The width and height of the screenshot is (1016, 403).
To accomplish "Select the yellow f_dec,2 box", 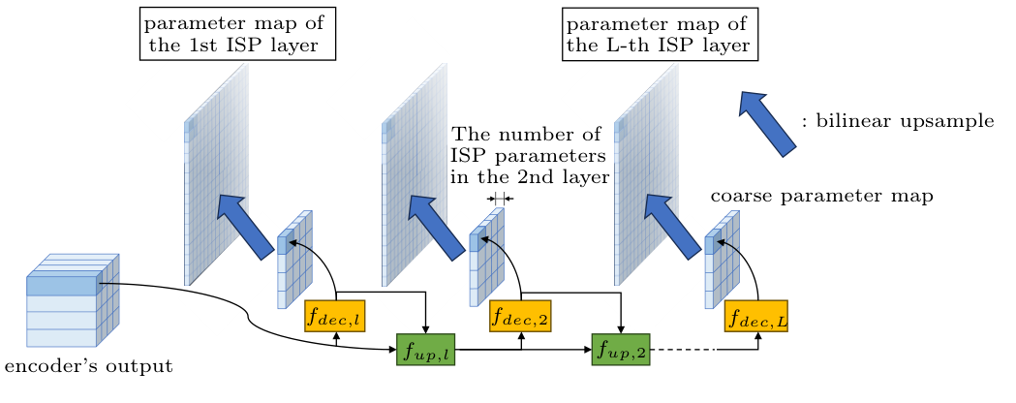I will point(521,315).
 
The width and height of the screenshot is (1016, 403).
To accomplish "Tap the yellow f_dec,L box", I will point(755,315).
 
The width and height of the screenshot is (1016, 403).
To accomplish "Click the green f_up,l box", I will point(425,349).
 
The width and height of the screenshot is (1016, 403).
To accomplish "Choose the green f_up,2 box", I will point(620,349).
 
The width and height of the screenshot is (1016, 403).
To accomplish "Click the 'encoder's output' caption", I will point(89,368).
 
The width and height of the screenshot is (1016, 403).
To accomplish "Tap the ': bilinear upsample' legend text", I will point(898,122).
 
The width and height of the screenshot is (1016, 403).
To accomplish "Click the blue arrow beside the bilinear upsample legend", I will point(767,121).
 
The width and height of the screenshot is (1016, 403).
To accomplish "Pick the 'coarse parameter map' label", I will point(821,197).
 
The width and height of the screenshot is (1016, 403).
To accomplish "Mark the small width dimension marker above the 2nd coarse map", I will point(500,199).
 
